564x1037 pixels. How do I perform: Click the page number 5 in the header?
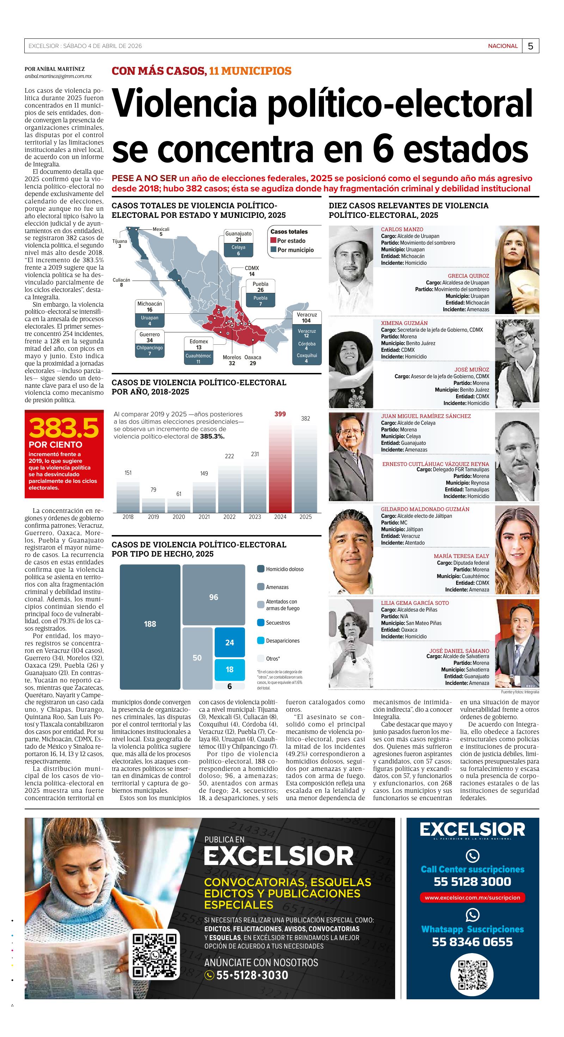(x=531, y=46)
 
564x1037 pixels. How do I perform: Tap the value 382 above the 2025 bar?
(x=306, y=419)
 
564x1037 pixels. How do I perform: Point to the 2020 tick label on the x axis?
(x=179, y=517)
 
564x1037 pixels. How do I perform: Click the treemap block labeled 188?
(x=150, y=624)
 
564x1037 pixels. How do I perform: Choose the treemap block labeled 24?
(x=229, y=643)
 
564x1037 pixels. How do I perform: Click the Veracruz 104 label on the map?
(x=306, y=318)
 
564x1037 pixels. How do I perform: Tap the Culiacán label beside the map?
(x=121, y=282)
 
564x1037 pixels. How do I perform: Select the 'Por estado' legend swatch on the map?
(x=273, y=241)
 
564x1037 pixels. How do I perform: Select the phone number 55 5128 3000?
(x=472, y=882)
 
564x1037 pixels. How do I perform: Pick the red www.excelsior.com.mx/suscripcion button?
(x=472, y=897)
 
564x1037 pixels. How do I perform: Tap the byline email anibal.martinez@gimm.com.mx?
(x=58, y=76)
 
